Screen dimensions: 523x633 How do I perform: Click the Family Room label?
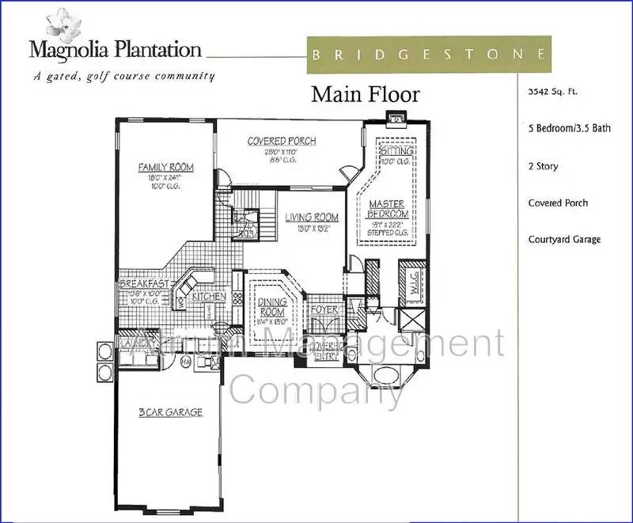[166, 168]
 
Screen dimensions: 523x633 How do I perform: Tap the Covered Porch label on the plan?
[282, 142]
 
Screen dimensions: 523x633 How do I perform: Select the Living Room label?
[312, 218]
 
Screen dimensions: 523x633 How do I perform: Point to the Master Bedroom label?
[389, 210]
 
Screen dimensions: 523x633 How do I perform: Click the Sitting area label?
[395, 150]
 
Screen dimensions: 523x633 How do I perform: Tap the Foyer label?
[324, 309]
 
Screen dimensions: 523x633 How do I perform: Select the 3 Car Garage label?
[170, 412]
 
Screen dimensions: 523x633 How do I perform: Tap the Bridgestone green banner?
[428, 55]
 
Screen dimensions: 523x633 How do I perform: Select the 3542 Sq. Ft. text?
[553, 92]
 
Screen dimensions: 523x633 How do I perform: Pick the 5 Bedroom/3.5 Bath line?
[569, 128]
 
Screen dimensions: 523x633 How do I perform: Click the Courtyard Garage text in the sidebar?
[564, 240]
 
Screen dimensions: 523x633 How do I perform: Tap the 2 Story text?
[543, 166]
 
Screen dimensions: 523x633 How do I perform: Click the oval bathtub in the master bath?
[389, 374]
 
